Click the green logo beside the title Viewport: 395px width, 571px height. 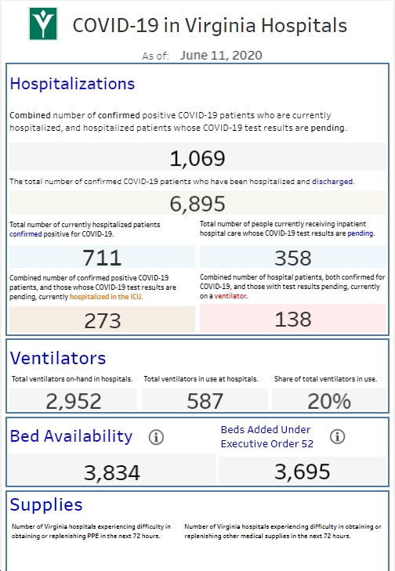point(43,23)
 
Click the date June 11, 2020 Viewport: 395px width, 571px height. point(221,56)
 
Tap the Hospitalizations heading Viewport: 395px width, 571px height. point(72,84)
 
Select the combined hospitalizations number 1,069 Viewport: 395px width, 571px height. point(197,158)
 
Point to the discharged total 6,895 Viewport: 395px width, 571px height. point(197,204)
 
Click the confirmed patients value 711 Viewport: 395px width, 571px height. point(102,258)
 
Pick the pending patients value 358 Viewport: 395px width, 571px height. point(293,258)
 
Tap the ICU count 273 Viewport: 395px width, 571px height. point(103,321)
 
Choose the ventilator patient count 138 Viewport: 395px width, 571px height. point(293,319)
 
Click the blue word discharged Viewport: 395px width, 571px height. point(332,182)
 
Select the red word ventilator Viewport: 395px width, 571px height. point(230,296)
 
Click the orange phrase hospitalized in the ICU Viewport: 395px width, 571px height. point(106,297)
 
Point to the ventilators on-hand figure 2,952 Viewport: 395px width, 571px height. point(74,401)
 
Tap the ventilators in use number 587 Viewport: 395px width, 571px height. point(205,401)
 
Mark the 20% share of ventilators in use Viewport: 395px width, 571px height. point(329,401)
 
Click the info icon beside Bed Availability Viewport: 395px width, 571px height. point(156,437)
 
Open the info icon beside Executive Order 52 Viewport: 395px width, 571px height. point(338,436)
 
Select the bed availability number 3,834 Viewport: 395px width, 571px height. point(112,472)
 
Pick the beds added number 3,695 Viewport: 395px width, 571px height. point(302,472)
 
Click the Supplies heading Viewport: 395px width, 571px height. point(46,504)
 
